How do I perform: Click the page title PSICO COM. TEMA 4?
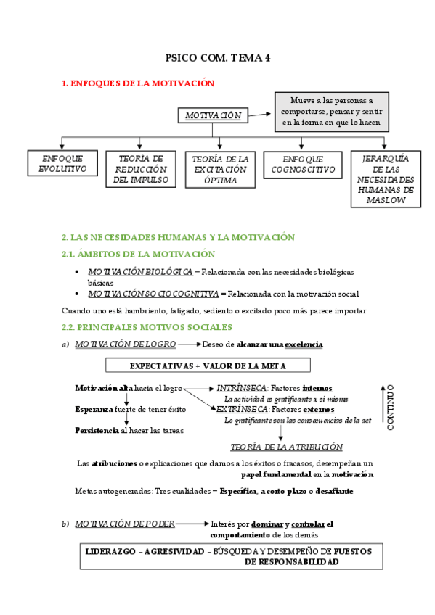218,59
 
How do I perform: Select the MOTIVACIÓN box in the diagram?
212,115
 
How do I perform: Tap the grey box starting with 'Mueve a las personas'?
330,111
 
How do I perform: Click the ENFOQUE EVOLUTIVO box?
62,164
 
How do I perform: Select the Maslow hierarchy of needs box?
385,179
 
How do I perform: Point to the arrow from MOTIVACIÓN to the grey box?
259,114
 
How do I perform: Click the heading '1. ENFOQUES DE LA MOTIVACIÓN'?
138,83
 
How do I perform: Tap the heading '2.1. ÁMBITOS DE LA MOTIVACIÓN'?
138,254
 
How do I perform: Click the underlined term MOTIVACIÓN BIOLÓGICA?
140,272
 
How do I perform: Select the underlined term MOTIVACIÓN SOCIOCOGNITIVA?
153,294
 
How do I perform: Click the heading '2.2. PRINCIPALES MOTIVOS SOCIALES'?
147,327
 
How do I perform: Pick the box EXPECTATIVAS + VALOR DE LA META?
208,365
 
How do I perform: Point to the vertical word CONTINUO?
390,408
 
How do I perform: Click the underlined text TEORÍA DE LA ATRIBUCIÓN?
286,447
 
